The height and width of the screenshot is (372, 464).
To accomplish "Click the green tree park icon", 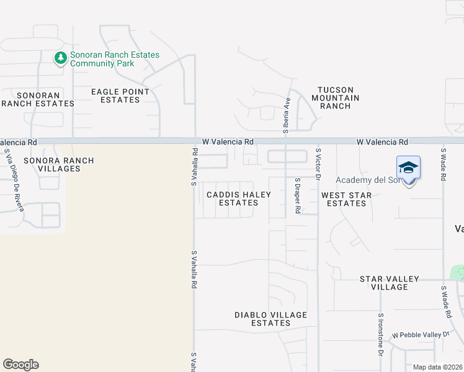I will tap(61, 58).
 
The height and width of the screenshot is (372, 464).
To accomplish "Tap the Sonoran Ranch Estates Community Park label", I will tap(114, 59).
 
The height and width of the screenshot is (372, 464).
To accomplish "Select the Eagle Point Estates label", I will tap(120, 95).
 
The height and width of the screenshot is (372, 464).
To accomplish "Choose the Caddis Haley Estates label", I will tap(239, 198).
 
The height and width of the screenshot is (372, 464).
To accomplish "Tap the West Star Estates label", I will tap(347, 199).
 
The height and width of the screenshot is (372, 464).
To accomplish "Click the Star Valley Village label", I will tap(390, 283).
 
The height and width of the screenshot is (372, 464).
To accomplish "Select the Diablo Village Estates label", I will tap(271, 319).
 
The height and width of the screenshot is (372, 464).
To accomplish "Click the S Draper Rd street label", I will tap(298, 196).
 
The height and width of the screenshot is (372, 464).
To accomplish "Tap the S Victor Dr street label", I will tap(318, 164).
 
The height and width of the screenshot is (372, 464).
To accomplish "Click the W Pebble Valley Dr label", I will tap(420, 335).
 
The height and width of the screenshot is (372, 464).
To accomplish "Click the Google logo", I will tap(20, 365).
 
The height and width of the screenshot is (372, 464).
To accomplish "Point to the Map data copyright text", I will tap(438, 367).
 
